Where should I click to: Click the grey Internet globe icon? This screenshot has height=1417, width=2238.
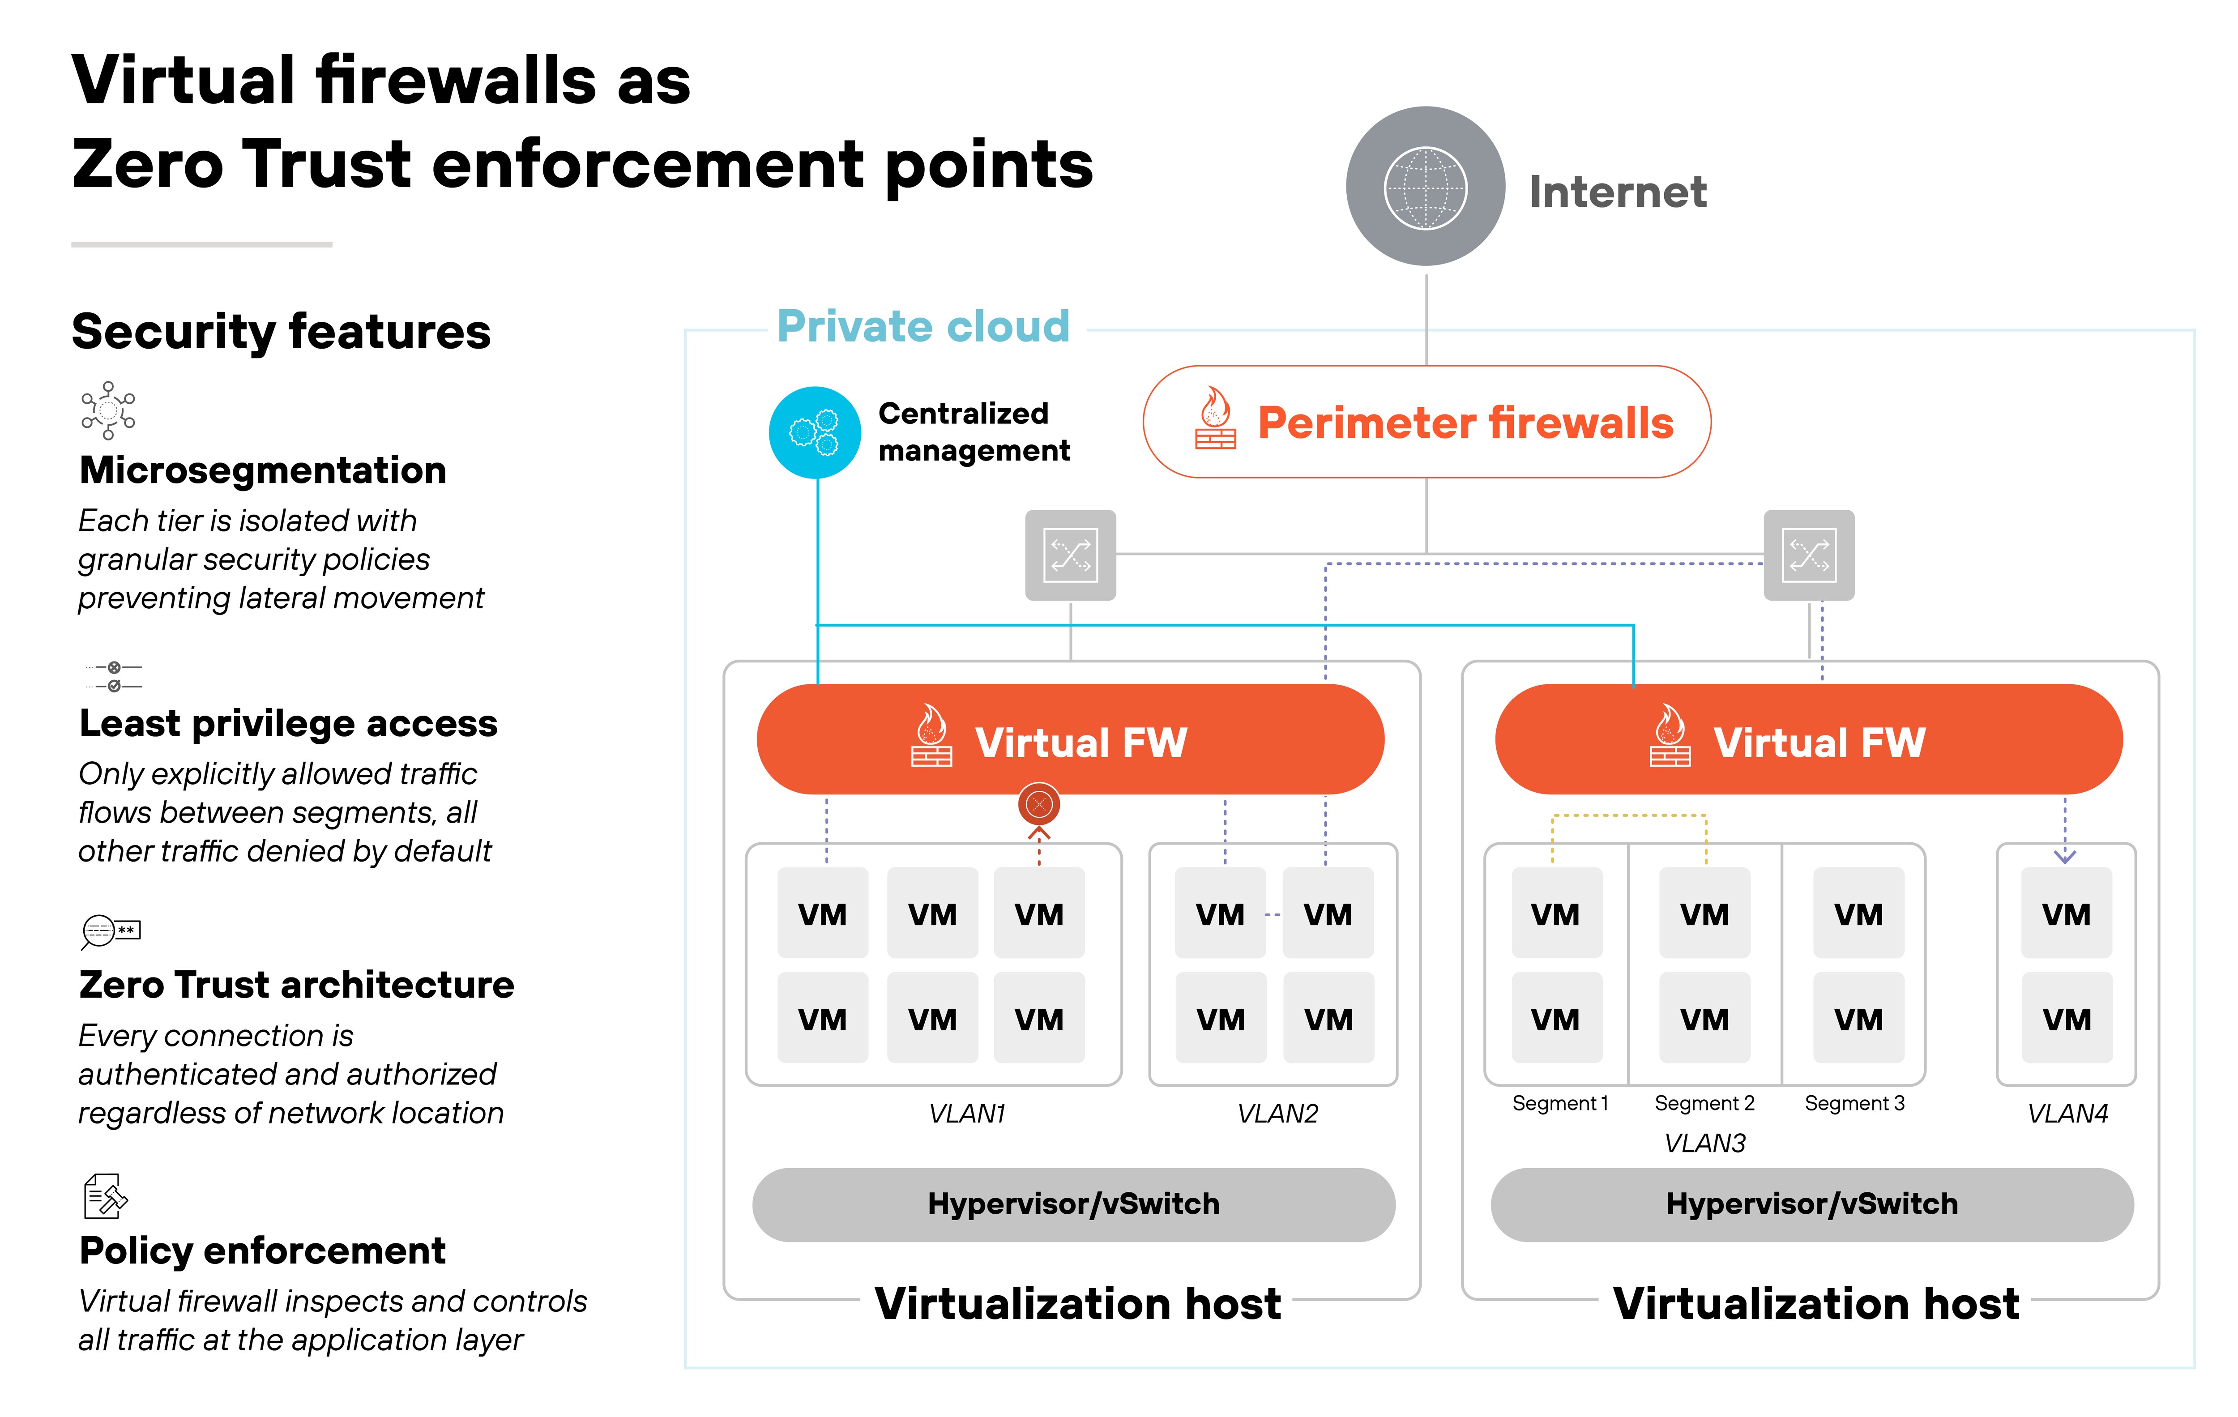click(1425, 187)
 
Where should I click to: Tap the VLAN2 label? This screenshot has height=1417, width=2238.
click(1277, 1113)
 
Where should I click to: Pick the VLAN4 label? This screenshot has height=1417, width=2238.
click(2067, 1113)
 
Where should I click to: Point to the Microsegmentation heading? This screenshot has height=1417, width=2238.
click(263, 470)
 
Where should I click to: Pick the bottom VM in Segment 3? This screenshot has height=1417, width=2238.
click(1858, 1018)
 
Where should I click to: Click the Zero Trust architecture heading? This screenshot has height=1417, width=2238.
click(296, 985)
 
